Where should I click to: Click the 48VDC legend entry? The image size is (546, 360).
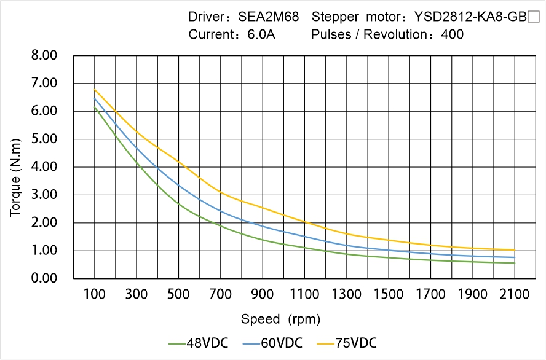199,343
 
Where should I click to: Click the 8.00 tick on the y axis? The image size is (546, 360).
44,55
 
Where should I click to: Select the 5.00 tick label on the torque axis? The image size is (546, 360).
44,139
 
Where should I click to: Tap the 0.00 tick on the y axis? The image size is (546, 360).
44,279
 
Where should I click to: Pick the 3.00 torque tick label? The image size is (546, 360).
44,195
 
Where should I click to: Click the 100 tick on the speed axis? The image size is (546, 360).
94,294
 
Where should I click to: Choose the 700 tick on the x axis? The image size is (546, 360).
220,294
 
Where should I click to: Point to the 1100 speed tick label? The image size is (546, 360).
304,294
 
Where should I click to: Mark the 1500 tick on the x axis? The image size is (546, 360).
389,294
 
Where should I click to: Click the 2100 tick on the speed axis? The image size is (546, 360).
515,294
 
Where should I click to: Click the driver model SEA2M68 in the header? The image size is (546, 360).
269,17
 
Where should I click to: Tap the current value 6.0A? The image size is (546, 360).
261,34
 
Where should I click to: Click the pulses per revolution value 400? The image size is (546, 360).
453,34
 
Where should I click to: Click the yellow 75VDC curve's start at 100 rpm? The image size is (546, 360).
95,90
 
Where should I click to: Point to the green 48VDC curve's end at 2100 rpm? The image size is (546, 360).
514,263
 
